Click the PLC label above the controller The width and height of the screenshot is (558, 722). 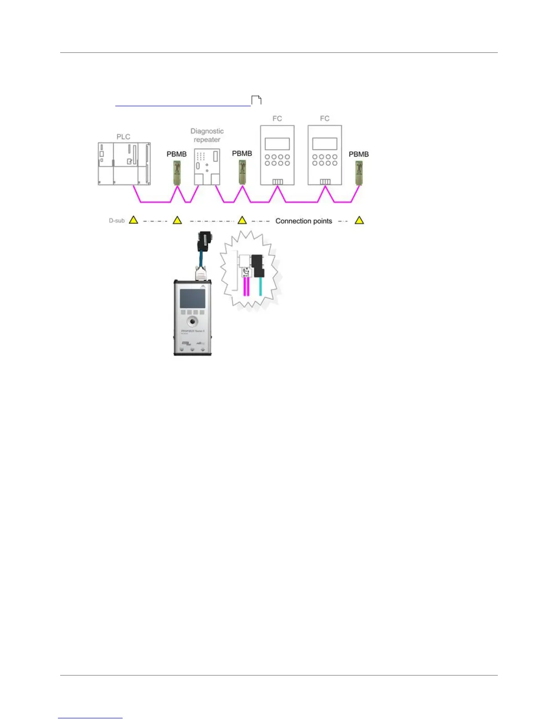123,137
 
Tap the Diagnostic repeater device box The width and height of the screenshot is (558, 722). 207,166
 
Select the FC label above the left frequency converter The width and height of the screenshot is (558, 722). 277,119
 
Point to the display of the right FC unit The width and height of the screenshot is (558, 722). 325,144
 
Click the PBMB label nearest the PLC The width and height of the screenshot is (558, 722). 176,154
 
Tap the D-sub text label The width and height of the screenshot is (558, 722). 117,221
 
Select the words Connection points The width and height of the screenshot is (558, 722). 304,221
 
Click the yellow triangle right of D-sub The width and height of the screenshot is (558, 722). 133,220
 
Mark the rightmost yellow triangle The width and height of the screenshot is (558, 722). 359,221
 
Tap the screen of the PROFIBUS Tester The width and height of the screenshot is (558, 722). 192,299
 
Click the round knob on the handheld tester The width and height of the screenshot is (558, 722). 192,321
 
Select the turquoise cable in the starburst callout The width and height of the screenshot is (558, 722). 260,287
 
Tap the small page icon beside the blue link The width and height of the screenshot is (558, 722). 257,100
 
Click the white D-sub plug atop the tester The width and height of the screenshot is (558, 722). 201,274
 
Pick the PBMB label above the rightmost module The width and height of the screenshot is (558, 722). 359,154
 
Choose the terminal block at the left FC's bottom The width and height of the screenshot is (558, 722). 277,182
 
